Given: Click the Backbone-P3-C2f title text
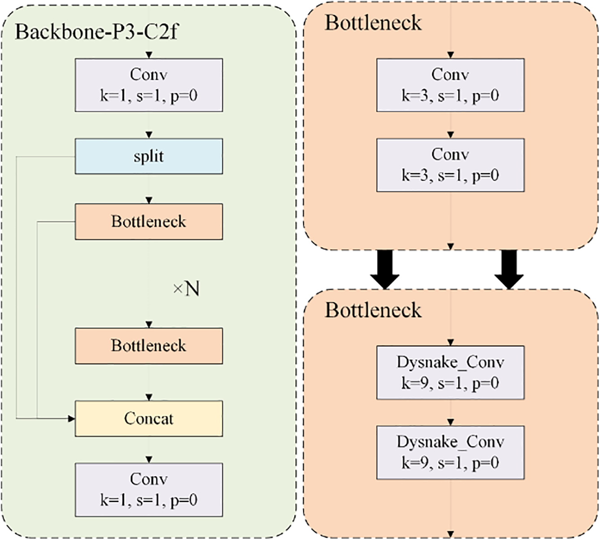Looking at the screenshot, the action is pos(96,32).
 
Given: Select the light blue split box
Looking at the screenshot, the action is pos(148,156).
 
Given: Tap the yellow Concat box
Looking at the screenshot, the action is pos(148,418).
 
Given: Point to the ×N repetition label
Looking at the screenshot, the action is pos(187,289).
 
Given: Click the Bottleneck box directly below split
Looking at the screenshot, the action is pos(148,222).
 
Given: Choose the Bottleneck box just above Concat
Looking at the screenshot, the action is pos(148,346).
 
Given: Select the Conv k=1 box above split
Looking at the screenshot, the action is pos(148,85).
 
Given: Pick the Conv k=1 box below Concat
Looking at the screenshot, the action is pos(148,490).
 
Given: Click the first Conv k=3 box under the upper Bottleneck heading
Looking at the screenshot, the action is pos(451,85).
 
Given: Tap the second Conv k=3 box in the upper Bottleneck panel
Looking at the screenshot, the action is pos(451,165).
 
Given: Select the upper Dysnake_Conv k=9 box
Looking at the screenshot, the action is pos(451,372).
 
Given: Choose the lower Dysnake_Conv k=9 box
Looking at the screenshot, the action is pos(451,453).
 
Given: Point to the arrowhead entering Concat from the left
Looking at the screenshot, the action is pos(71,418).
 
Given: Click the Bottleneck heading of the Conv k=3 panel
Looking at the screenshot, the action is pos(373,23).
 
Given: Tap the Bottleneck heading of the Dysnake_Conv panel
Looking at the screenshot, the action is pos(373,310).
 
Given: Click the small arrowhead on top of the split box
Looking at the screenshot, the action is pos(149,135).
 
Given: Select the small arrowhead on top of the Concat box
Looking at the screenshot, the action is pos(149,397).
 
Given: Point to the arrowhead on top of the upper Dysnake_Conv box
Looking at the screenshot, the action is pos(451,343).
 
